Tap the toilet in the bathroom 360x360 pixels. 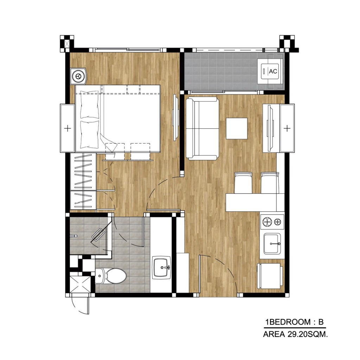tap(112, 276)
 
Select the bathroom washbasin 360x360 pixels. tap(161, 268)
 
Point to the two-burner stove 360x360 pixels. tap(272, 221)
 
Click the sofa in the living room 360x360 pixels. tap(202, 129)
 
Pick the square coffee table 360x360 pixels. tap(237, 128)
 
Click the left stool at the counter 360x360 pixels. tap(243, 182)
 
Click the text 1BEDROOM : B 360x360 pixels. tap(294, 322)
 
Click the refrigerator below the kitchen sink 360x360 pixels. tap(271, 275)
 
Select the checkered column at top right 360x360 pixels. tap(288, 43)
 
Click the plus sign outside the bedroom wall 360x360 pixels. tap(67, 128)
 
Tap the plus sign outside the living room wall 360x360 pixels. tap(287, 128)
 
